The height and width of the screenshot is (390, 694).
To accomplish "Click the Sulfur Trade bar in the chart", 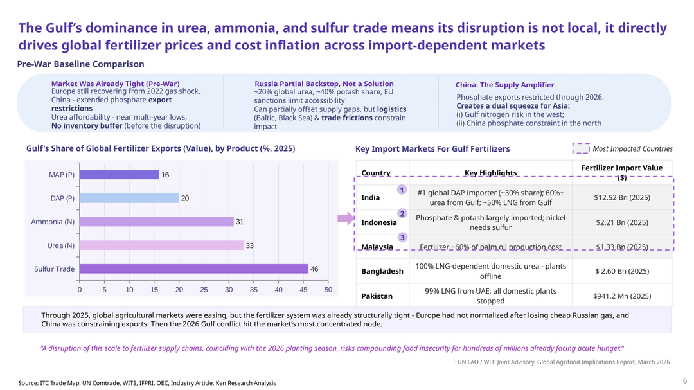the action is (x=194, y=269).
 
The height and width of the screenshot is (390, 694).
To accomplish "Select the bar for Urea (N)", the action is (x=161, y=245).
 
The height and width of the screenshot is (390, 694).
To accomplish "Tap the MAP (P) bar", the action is (x=120, y=175).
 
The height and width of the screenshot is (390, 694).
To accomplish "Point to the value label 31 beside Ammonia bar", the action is (x=240, y=222).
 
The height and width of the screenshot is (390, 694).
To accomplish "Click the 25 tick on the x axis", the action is (x=204, y=290).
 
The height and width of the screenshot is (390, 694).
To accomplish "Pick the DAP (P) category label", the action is (x=62, y=199).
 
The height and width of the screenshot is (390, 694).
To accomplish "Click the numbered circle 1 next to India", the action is (x=402, y=190).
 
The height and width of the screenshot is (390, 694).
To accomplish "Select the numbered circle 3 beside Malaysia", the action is (x=402, y=238).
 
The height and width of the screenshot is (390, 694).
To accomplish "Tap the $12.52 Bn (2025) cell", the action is (x=622, y=197).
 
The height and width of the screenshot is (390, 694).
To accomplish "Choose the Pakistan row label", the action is (x=377, y=296).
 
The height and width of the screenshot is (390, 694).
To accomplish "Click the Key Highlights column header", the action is (x=490, y=173).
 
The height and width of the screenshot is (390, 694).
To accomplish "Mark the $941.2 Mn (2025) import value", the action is (x=622, y=296).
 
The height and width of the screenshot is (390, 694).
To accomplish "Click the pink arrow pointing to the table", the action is (x=346, y=218).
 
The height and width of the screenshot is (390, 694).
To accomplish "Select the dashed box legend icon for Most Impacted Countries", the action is (x=581, y=148).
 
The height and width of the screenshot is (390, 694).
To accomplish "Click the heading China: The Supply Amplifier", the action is (x=504, y=85).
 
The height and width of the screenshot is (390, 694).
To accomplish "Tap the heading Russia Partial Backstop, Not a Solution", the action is (x=324, y=84).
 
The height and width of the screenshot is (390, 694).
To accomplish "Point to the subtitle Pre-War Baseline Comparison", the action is (x=80, y=64).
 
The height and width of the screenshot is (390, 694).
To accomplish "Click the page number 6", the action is (x=685, y=381).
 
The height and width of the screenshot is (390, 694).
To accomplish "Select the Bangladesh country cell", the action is (x=382, y=271).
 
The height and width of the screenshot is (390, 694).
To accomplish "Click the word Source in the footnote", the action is (x=28, y=383).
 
